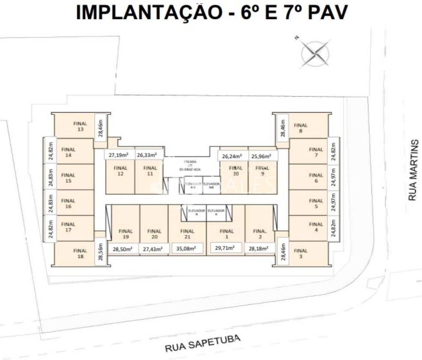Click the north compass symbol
pos(315,55)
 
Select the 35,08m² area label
pos(187,248)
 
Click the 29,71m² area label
pos(225,248)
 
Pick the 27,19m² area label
pos(119,154)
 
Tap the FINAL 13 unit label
pos(80,126)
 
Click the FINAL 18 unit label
pos(80,253)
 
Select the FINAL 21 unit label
pos(187,234)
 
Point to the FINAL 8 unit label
pos(300,128)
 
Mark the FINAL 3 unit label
pos(300,253)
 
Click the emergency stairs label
pos(190,165)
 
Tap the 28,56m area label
pos(101,252)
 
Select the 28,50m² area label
pos(122,249)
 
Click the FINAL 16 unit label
pos(68,204)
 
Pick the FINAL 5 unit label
pos(316,204)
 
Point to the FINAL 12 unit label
pos(121,171)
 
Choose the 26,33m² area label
pos(147,154)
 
